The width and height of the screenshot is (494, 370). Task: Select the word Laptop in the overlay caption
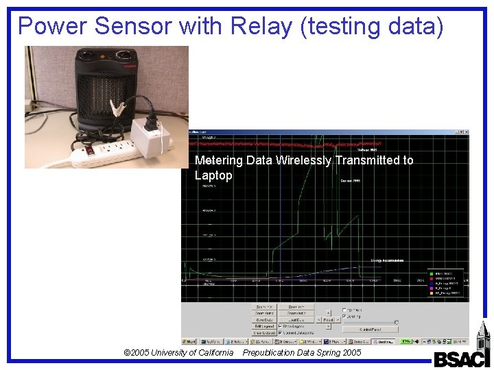213,175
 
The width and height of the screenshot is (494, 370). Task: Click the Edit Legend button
264,326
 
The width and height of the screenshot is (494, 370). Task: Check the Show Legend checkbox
281,326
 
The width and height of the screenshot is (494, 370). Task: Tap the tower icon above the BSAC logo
478,336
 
